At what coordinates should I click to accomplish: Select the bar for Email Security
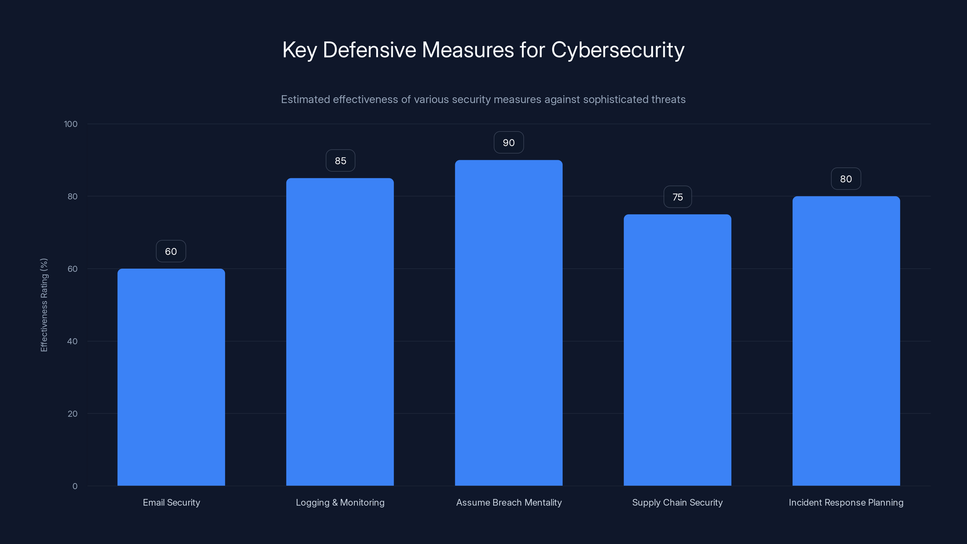[x=171, y=377]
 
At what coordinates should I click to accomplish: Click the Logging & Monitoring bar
[x=340, y=332]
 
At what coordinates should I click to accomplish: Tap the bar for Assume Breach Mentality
[x=509, y=323]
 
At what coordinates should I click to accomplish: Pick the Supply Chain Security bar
[x=677, y=350]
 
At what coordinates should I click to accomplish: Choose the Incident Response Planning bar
[x=846, y=341]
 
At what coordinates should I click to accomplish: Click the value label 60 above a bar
[x=171, y=251]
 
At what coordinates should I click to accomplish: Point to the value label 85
[x=341, y=161]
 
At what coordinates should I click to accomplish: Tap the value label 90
[x=509, y=143]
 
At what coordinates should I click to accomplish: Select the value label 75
[x=678, y=197]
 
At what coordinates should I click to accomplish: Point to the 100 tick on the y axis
[x=71, y=124]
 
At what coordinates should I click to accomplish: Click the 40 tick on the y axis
[x=73, y=341]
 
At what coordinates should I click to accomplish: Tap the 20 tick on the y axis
[x=73, y=414]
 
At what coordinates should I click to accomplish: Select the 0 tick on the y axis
[x=75, y=486]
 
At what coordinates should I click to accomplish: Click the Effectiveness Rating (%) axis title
[x=44, y=305]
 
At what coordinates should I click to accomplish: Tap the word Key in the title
[x=299, y=50]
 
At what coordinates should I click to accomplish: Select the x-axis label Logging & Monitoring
[x=340, y=502]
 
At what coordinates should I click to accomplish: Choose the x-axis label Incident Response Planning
[x=846, y=502]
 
